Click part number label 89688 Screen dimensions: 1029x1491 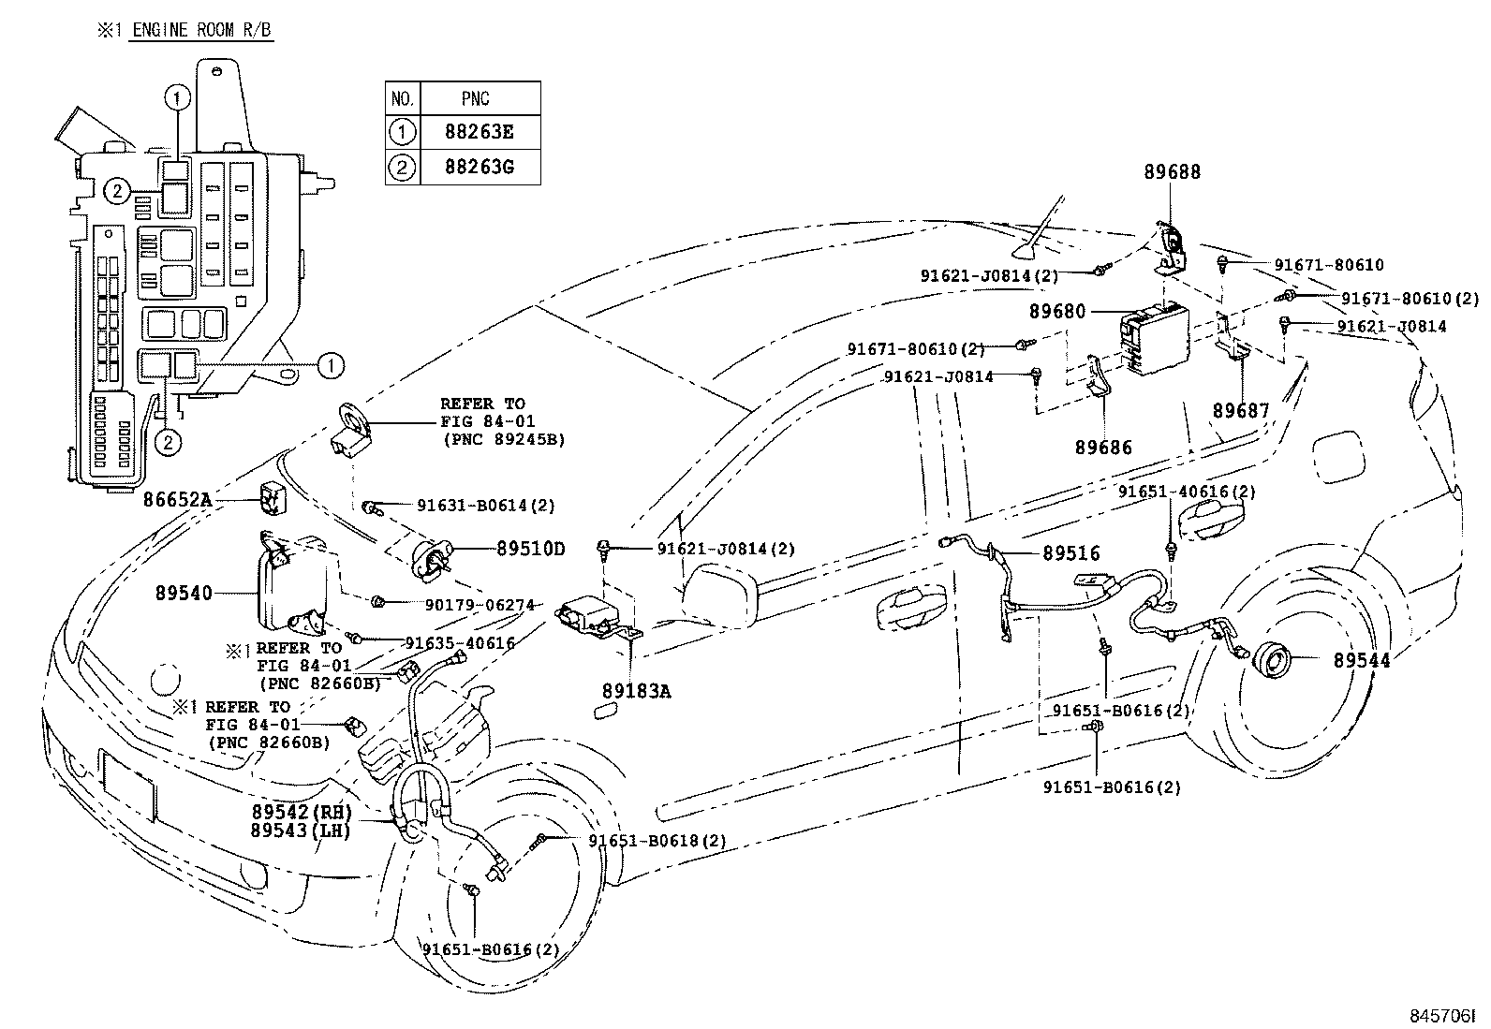pyautogui.click(x=1172, y=172)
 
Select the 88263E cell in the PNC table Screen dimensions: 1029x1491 pyautogui.click(x=480, y=132)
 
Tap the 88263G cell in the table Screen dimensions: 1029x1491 pyautogui.click(x=480, y=169)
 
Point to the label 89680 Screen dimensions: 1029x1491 pyautogui.click(x=1057, y=311)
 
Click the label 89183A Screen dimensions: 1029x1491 pyautogui.click(x=636, y=692)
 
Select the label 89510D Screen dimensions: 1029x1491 pyautogui.click(x=530, y=549)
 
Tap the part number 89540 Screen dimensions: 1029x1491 pyautogui.click(x=184, y=593)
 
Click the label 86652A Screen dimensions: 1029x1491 pyautogui.click(x=176, y=500)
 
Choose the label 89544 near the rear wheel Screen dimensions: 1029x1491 pyautogui.click(x=1362, y=660)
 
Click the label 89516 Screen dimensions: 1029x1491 pyautogui.click(x=1071, y=553)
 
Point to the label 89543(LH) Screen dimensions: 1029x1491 pyautogui.click(x=301, y=831)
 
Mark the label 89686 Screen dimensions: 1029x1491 pyautogui.click(x=1102, y=448)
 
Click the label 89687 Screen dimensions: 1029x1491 pyautogui.click(x=1241, y=410)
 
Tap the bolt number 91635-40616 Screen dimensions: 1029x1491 pyautogui.click(x=459, y=642)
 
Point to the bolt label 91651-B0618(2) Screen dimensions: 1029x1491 pyautogui.click(x=657, y=841)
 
